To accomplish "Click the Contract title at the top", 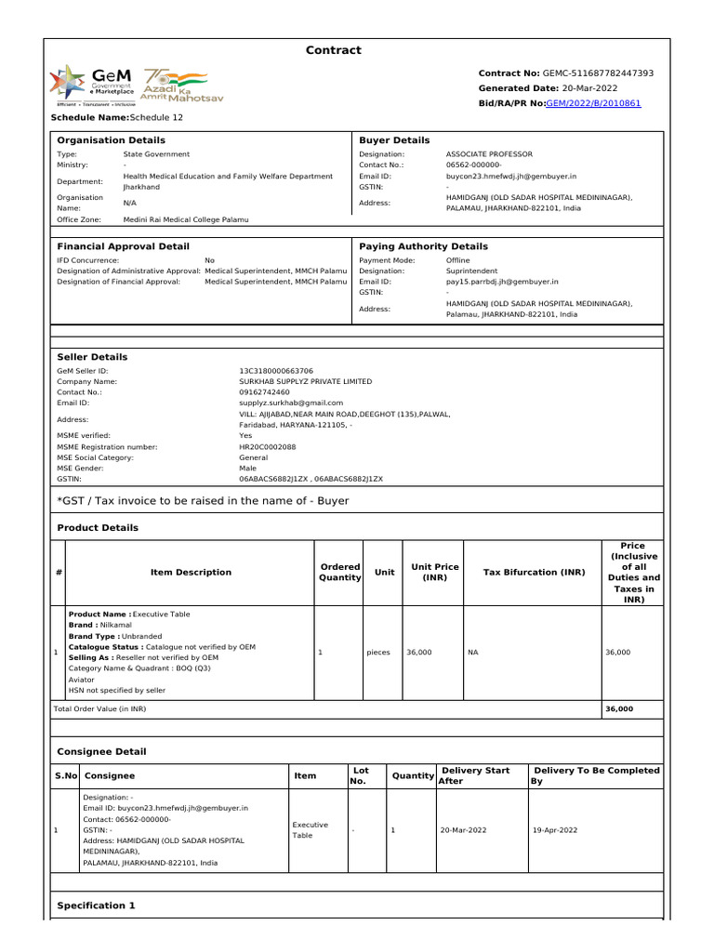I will coord(333,50).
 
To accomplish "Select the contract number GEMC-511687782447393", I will coord(599,73).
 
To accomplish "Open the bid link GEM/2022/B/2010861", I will coord(593,103).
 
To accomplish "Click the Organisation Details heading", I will coord(112,140).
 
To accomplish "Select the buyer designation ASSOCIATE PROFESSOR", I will coord(489,154).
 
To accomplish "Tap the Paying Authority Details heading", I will coord(423,246).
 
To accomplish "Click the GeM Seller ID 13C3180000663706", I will coord(276,370).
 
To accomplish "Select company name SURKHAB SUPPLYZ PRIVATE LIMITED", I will coord(306,381).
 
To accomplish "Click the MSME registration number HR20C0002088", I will coord(268,447).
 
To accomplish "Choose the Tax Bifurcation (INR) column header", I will coord(533,573).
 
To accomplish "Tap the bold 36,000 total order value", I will coord(619,708).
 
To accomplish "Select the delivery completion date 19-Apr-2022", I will coord(555,830).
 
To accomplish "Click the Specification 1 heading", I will coord(97,906).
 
